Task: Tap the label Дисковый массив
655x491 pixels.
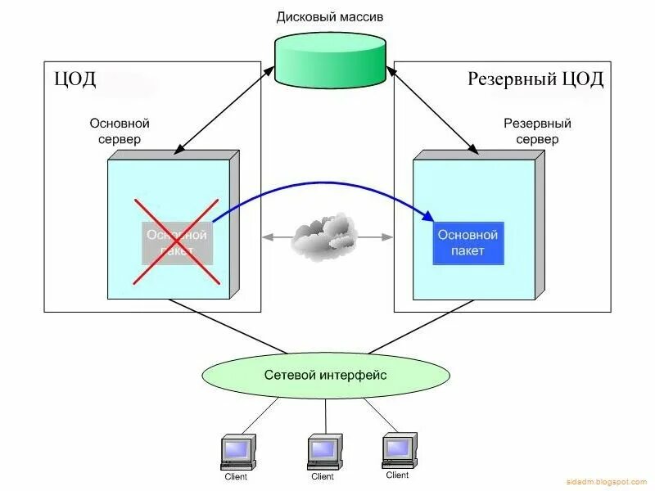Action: point(329,16)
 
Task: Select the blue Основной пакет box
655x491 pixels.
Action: point(468,243)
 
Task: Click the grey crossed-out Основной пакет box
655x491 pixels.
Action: point(177,243)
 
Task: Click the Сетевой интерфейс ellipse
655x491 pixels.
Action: point(326,376)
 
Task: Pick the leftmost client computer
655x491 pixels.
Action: point(238,452)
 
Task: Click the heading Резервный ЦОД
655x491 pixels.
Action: point(535,79)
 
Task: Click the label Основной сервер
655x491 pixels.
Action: point(120,131)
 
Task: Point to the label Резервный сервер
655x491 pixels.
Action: point(537,131)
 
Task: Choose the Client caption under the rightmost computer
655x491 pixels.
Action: point(397,475)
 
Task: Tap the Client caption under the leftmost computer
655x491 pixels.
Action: point(236,476)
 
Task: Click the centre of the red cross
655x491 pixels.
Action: point(177,242)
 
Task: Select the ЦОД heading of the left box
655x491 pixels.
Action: point(75,79)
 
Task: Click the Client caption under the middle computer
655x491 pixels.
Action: point(323,476)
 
